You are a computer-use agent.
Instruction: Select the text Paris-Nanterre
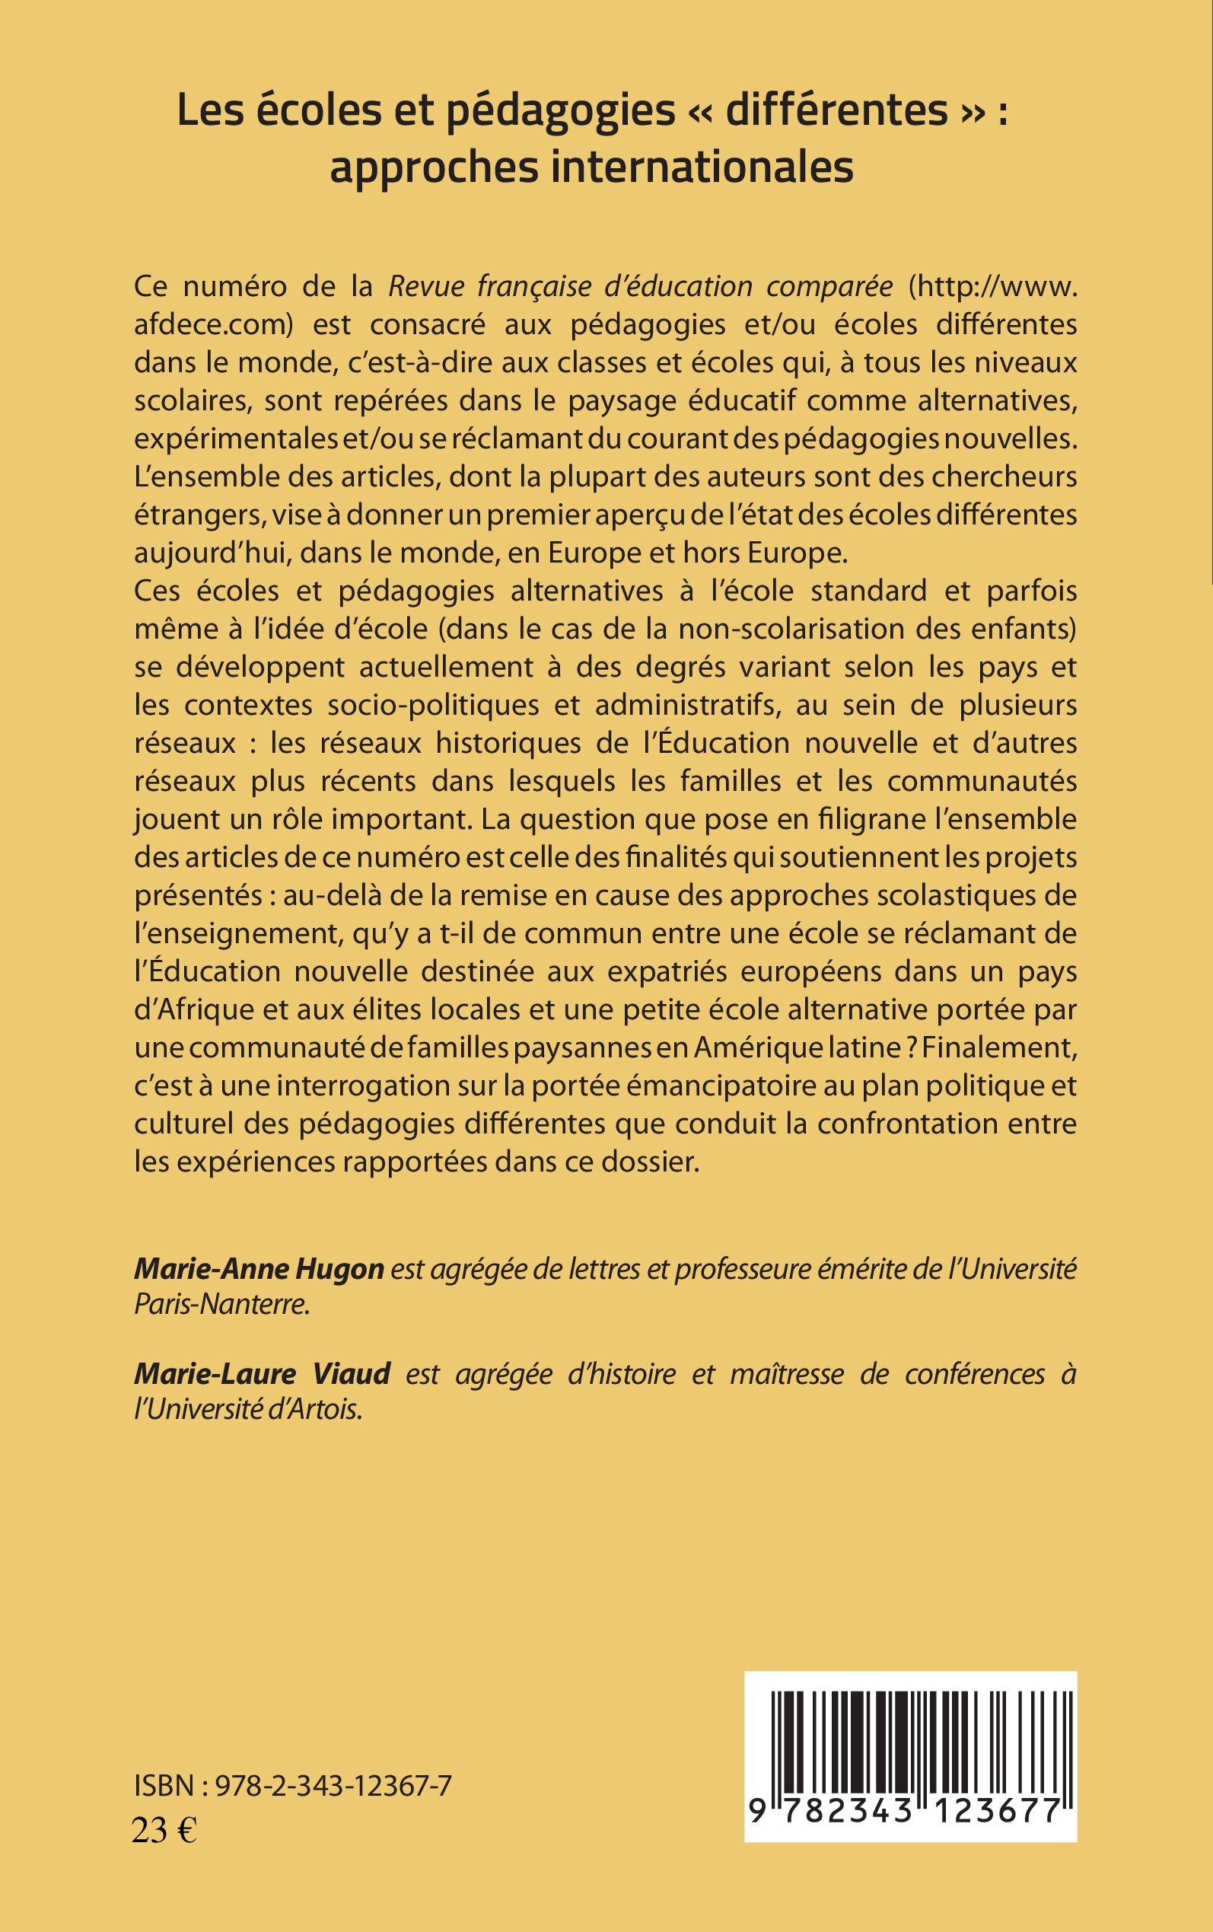point(221,1306)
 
